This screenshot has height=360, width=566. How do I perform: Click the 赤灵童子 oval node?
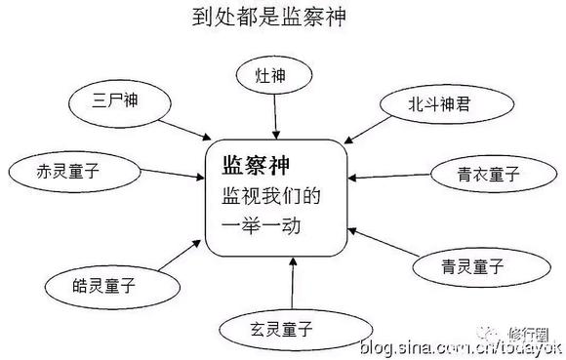tap(68, 170)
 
